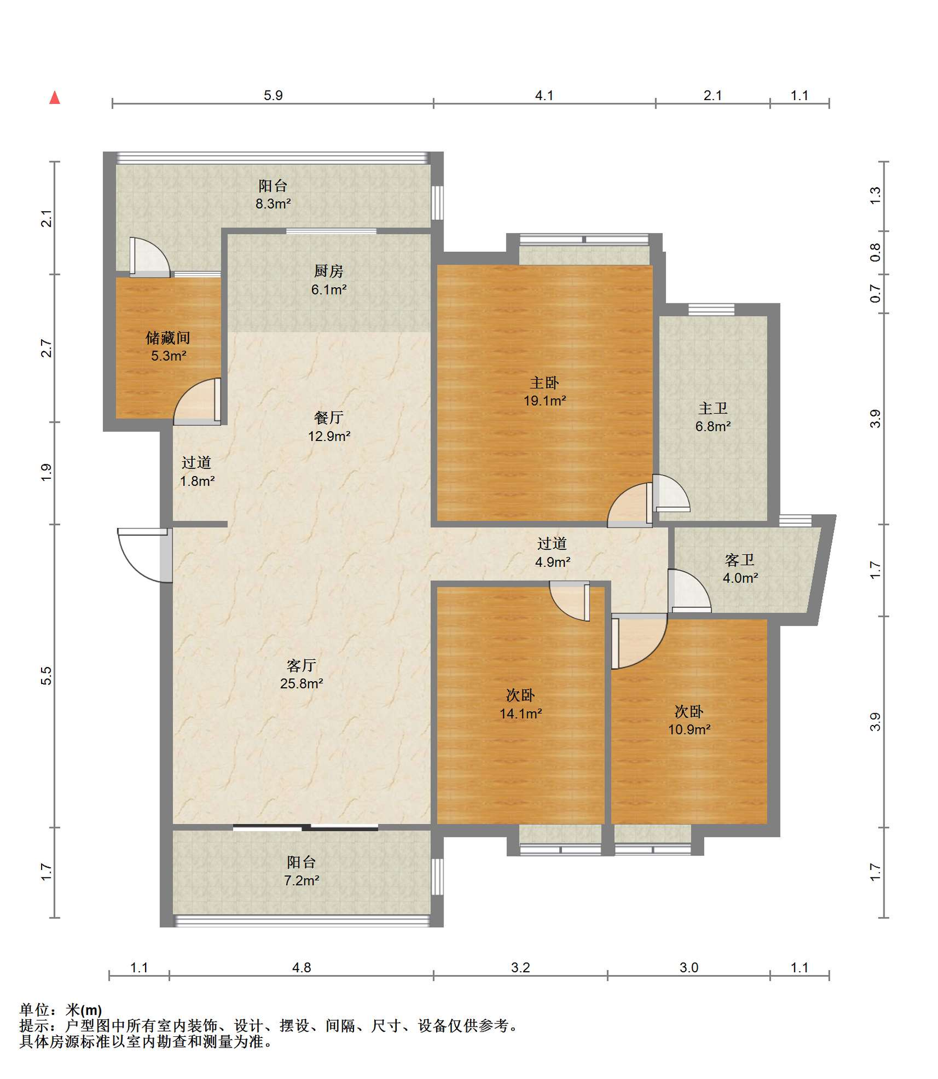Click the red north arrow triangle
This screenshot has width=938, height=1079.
click(55, 98)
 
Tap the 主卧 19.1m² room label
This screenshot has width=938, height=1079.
click(545, 392)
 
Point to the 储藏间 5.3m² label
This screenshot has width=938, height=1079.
click(168, 346)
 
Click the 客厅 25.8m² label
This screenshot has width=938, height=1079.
click(301, 674)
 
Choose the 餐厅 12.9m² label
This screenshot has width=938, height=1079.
click(329, 427)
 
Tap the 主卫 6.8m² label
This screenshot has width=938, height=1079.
click(713, 417)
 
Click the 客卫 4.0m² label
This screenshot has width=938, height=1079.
click(740, 569)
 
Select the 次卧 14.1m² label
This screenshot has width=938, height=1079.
click(520, 704)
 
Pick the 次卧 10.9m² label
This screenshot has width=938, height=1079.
click(689, 720)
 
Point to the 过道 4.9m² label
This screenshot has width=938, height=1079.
click(552, 552)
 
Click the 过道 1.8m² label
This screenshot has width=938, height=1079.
click(197, 472)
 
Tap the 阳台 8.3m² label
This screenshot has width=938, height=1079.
click(273, 194)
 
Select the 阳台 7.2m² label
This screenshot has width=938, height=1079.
click(301, 871)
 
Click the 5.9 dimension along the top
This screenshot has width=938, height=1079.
click(273, 96)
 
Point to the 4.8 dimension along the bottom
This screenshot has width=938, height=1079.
click(301, 968)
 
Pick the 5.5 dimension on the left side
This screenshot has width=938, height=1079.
click(46, 675)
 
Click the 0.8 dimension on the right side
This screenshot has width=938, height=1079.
click(875, 252)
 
